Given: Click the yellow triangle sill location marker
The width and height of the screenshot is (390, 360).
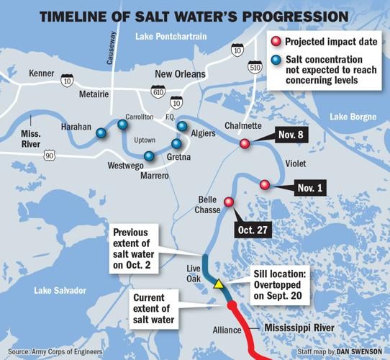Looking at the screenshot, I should pos(219,284).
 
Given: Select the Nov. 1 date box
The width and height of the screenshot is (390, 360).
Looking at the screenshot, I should pos(309,189).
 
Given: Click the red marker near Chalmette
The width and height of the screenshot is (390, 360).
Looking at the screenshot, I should pos(245,144).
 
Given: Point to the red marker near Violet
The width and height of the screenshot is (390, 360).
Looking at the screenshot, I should pos(265,185).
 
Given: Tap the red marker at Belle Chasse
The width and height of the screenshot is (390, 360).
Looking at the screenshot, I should pos(230,202).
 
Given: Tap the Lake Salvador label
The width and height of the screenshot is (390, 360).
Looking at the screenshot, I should pos(60,290).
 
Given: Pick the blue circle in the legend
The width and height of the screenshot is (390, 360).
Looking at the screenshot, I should pos(275,60).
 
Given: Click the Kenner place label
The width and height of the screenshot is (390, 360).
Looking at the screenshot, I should pos(41,73).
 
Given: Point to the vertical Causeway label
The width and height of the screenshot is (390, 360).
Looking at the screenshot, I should pos(111,49).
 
